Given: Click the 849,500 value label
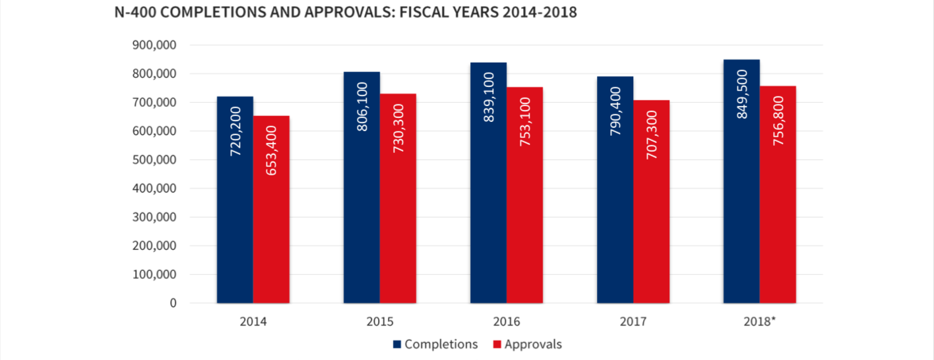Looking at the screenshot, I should pos(742,94).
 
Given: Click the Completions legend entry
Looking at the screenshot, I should pos(435,344).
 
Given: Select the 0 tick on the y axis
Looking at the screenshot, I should pos(173,303).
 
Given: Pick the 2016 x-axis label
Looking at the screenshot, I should pos(507,322).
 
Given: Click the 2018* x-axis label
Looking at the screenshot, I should pos(760,322).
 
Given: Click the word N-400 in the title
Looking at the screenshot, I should pos(135,13).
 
